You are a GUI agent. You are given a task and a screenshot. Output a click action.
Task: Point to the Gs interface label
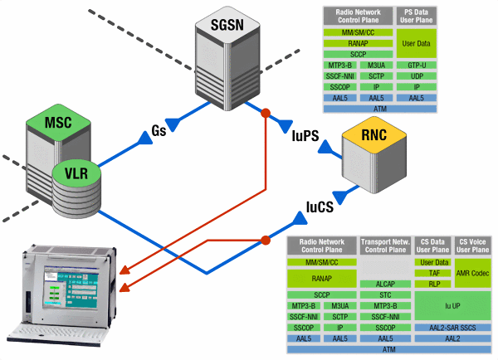(x=162, y=131)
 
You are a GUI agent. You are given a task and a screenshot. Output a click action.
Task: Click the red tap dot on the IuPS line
(x=266, y=112)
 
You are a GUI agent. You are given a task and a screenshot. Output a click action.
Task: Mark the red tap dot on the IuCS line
(x=266, y=241)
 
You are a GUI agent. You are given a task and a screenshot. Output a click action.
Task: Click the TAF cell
(x=432, y=273)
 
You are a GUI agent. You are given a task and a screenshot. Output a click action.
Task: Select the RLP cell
(x=432, y=284)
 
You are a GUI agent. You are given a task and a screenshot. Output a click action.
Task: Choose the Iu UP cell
(x=452, y=305)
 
